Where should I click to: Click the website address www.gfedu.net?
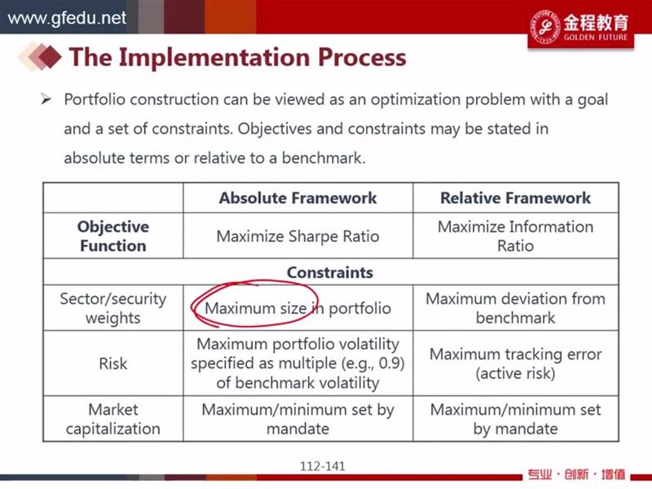click(67, 18)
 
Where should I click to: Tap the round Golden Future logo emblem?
click(544, 27)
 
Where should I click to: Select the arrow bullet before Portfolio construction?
click(46, 99)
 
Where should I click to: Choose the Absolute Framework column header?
click(297, 198)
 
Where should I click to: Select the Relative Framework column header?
click(515, 198)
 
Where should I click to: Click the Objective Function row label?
click(113, 236)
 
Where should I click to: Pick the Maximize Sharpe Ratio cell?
click(297, 236)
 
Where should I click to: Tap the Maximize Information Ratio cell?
click(515, 236)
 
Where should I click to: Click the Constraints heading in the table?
click(330, 272)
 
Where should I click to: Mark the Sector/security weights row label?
click(113, 308)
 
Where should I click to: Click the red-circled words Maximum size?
click(256, 308)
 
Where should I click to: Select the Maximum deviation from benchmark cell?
click(515, 308)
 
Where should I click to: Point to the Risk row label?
click(113, 363)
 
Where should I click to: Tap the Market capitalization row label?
click(113, 419)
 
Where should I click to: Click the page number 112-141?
click(323, 466)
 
